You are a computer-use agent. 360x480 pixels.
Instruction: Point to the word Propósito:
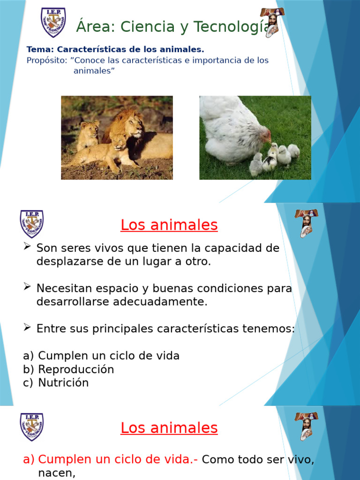(x=47, y=60)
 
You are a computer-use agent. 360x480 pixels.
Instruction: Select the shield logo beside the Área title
(x=53, y=22)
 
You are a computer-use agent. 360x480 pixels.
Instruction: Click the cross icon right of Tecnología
(x=271, y=22)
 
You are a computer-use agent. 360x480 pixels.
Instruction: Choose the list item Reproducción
(x=76, y=369)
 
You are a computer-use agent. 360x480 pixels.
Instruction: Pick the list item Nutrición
(x=63, y=383)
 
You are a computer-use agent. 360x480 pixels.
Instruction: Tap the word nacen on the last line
(x=57, y=473)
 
